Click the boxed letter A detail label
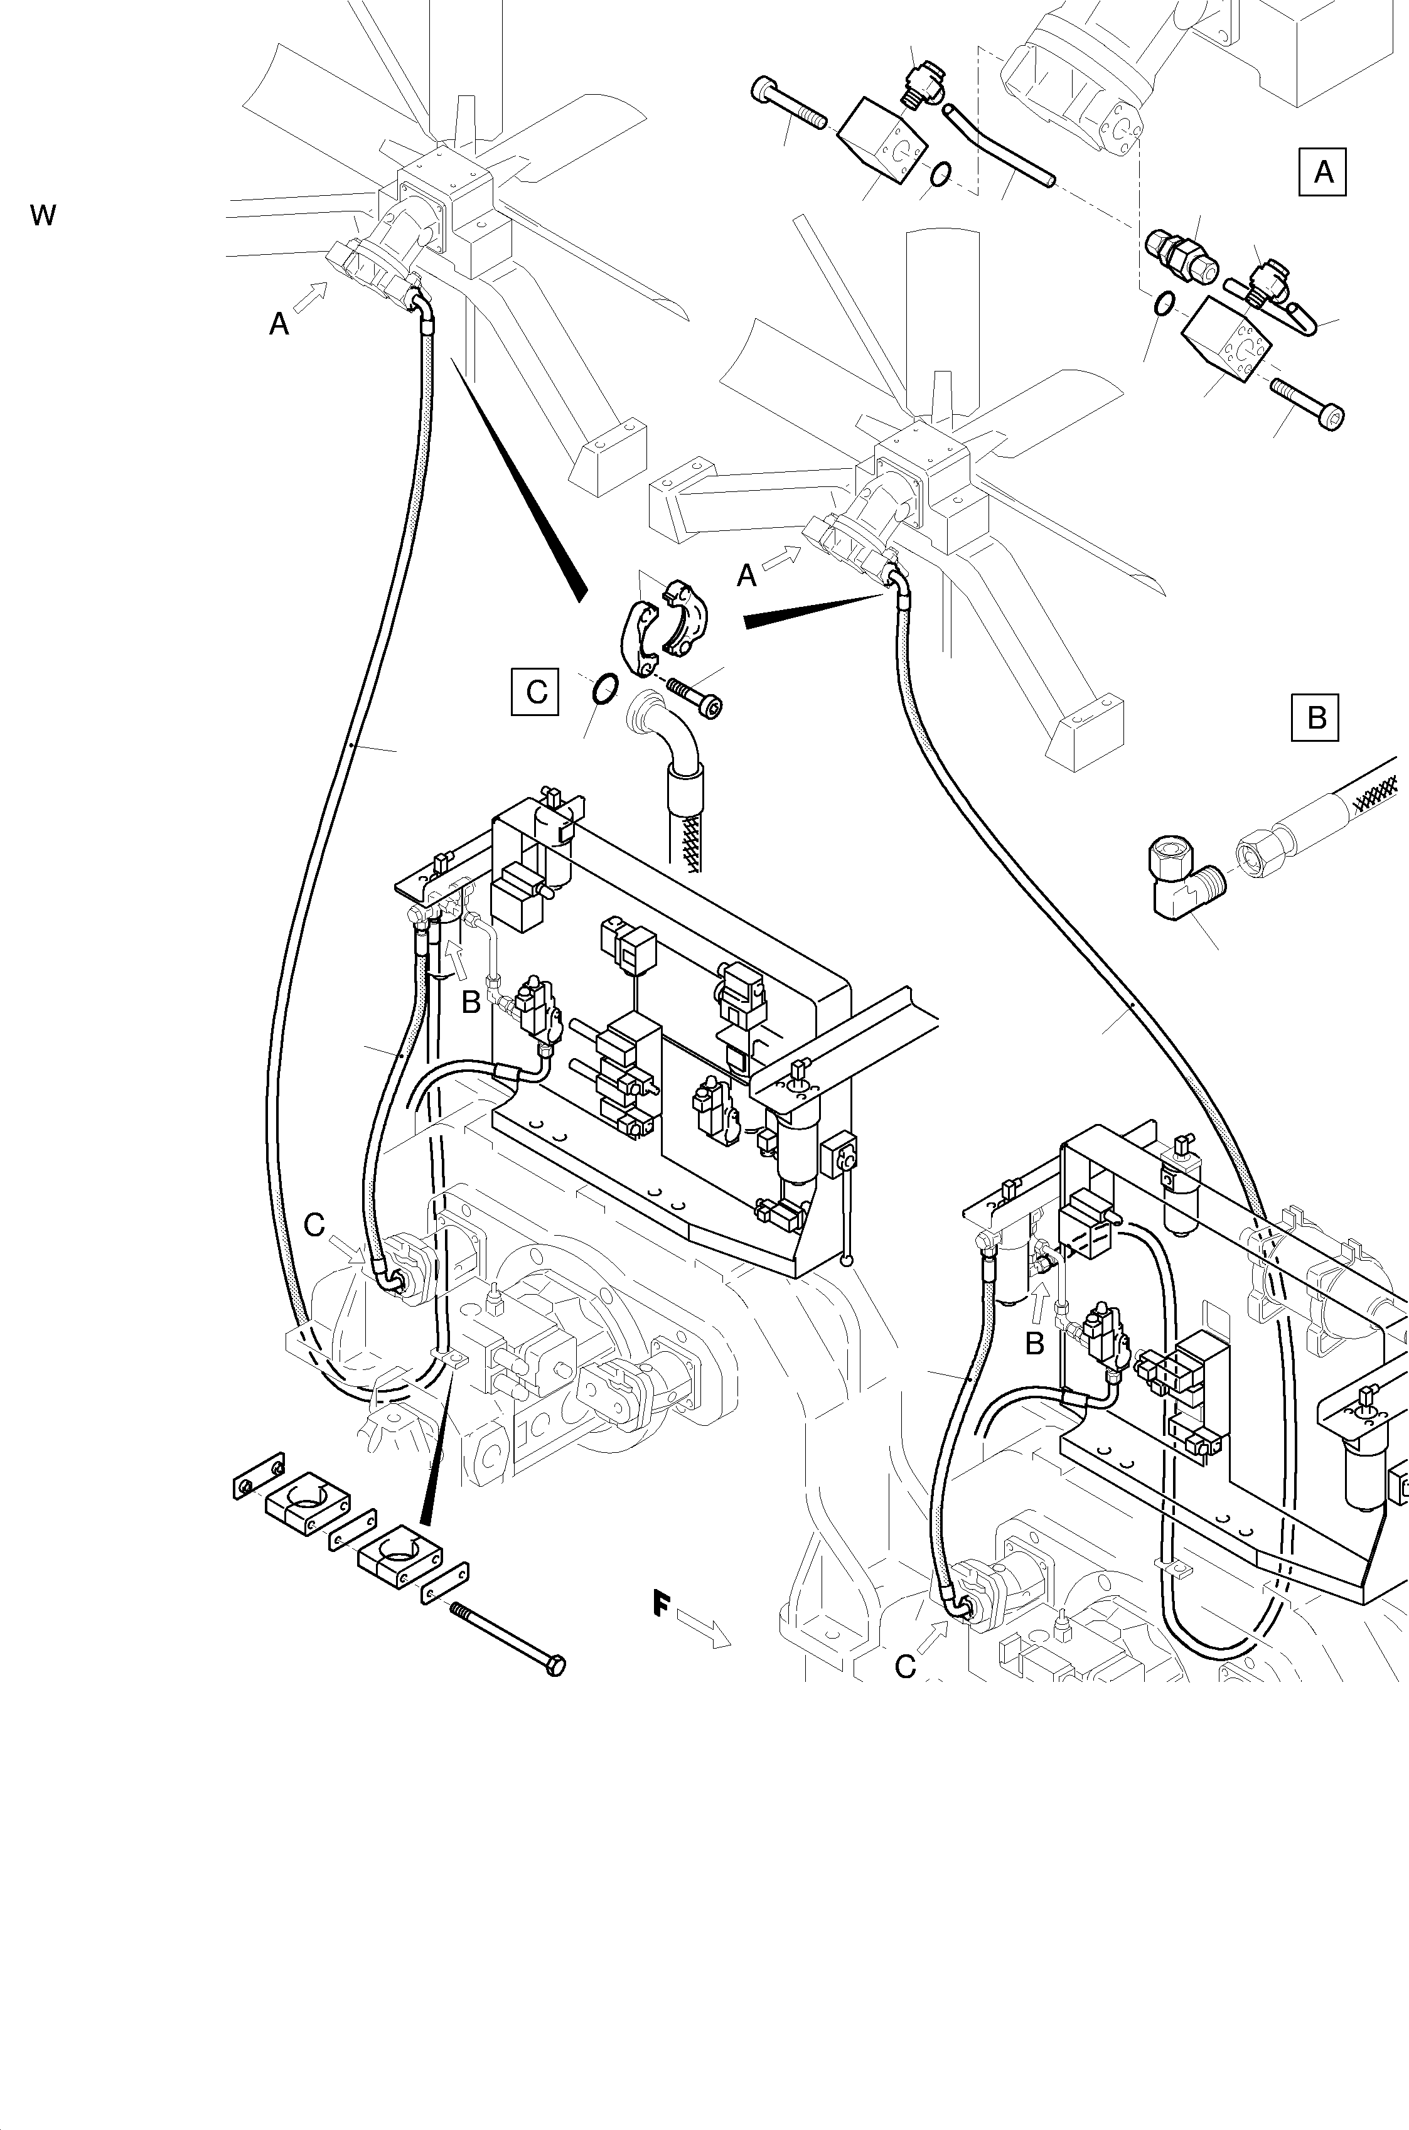click(1323, 171)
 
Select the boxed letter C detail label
click(535, 692)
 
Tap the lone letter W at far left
click(42, 216)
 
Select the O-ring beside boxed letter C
click(605, 690)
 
